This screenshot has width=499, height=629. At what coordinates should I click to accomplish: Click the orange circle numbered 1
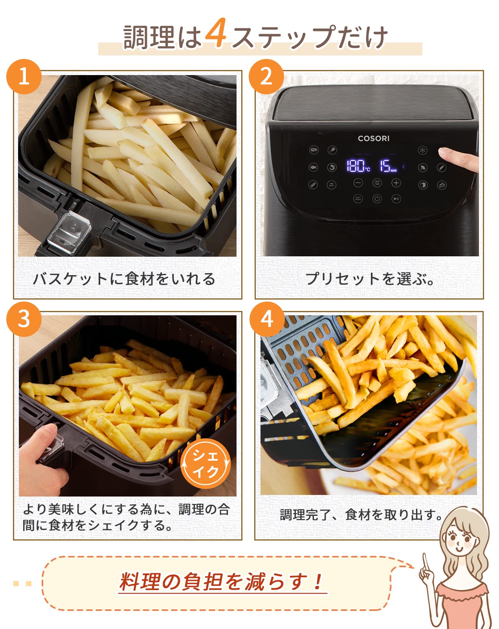[24, 77]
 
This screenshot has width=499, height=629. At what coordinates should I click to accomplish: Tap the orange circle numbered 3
[24, 319]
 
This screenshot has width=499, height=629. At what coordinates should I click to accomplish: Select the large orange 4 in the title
[216, 32]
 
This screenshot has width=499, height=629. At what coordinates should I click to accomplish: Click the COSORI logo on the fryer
[374, 138]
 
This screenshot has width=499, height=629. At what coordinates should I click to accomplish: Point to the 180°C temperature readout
[358, 166]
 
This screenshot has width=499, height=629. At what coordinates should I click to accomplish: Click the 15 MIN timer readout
[388, 166]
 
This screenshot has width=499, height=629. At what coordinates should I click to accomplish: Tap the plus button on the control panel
[396, 183]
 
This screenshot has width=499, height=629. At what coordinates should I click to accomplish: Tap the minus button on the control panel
[358, 183]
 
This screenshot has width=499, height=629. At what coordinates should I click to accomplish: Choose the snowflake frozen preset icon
[422, 150]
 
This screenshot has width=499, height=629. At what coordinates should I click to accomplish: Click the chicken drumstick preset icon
[332, 150]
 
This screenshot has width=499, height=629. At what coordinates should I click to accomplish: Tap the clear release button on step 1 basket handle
[69, 233]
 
